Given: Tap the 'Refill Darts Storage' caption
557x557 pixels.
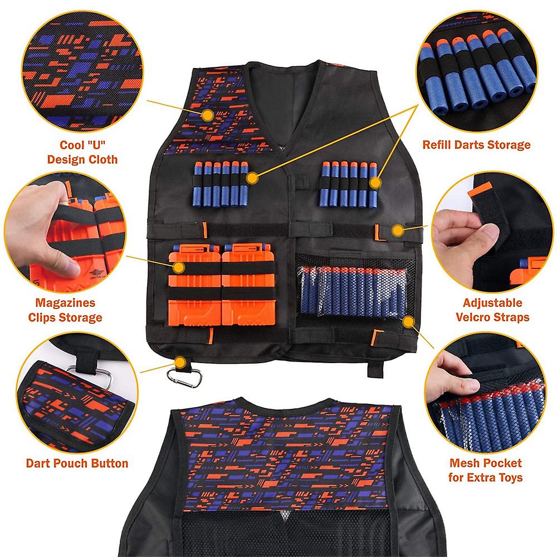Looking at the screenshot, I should [476, 145].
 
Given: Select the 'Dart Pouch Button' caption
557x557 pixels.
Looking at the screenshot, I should [77, 463].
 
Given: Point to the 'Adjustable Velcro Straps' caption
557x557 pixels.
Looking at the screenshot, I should [492, 310].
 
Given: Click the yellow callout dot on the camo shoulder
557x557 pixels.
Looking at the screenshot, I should [208, 115].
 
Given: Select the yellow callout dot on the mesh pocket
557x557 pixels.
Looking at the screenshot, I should [409, 321].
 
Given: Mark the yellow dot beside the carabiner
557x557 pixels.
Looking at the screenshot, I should [180, 363].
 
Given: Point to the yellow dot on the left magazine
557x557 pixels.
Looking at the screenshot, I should [179, 267].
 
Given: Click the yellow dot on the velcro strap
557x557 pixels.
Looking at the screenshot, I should [398, 229].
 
